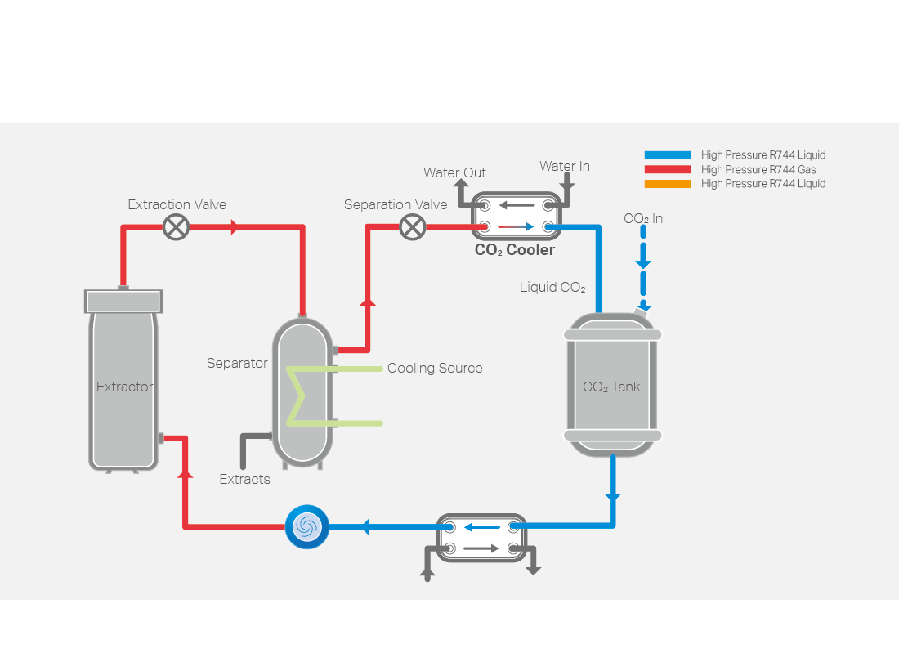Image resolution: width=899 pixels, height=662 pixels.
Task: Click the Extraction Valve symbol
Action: [176, 227]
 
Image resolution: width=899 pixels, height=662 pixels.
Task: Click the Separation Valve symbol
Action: [413, 227]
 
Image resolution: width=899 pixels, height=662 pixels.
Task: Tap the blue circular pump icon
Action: [306, 526]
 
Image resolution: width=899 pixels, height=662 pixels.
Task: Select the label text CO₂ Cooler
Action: [515, 250]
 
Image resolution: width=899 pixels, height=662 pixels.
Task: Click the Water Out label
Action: [454, 173]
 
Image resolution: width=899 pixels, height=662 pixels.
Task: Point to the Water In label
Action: [564, 167]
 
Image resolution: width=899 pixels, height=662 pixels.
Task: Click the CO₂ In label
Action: [643, 218]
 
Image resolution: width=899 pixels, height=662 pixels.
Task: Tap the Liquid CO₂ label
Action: [552, 288]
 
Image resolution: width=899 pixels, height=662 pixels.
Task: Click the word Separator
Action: [237, 364]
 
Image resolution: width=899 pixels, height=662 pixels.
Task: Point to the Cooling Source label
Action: [435, 369]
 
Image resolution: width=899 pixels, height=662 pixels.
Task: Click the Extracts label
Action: [244, 480]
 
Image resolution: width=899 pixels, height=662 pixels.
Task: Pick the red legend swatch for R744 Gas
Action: [667, 169]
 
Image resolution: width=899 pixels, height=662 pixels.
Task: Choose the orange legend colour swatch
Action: [667, 184]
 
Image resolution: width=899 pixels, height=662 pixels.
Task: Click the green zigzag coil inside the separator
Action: [298, 396]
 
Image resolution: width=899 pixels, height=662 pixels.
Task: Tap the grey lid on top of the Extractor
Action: [123, 301]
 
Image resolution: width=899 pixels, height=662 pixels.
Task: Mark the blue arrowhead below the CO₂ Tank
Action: [612, 496]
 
